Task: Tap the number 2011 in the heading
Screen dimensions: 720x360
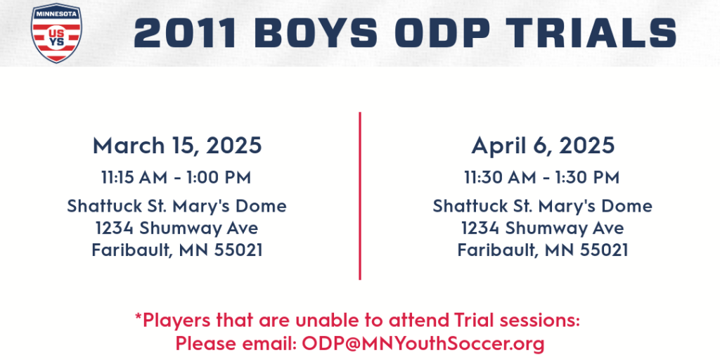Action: click(x=186, y=33)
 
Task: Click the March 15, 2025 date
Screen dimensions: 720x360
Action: click(x=177, y=146)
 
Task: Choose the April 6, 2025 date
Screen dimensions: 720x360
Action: click(x=543, y=146)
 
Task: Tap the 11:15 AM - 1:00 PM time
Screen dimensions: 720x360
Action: click(x=176, y=177)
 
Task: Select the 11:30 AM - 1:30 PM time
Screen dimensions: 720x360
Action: click(x=542, y=177)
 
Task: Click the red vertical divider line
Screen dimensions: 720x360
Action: click(x=360, y=195)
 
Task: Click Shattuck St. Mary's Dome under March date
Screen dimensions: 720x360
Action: click(x=176, y=206)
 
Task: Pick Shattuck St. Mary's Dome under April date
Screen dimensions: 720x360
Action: click(x=542, y=206)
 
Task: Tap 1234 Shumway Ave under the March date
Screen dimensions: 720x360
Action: click(x=176, y=228)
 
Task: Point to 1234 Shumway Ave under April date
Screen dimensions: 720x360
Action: click(x=542, y=228)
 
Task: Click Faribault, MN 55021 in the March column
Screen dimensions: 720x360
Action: click(x=177, y=250)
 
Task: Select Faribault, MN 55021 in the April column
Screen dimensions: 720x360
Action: click(x=543, y=250)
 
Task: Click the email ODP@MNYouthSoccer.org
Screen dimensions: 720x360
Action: click(x=423, y=343)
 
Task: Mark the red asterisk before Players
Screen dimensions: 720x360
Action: click(x=138, y=316)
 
